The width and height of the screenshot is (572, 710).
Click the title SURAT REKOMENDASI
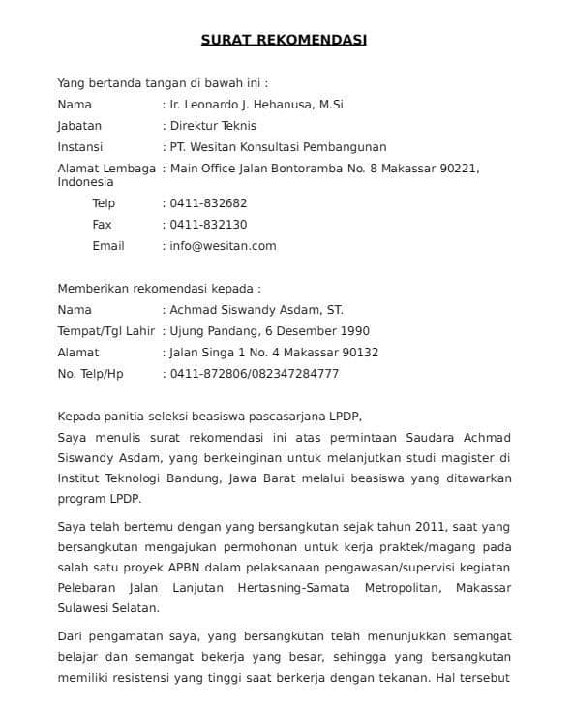coord(284,40)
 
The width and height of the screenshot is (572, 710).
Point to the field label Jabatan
coord(79,125)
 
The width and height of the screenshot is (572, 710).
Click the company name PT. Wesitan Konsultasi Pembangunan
coord(278,147)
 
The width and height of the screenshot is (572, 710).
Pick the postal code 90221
coord(461,169)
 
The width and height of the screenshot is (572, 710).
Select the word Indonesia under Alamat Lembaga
coord(86,182)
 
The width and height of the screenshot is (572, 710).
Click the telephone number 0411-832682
coord(208,203)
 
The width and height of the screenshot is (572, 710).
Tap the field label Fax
coord(102,225)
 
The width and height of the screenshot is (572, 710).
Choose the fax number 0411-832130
coord(208,225)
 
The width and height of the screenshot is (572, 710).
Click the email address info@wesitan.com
coord(223,246)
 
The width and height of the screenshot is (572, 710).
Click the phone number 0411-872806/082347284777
coord(255,374)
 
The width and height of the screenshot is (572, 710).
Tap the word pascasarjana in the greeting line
coord(261,417)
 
